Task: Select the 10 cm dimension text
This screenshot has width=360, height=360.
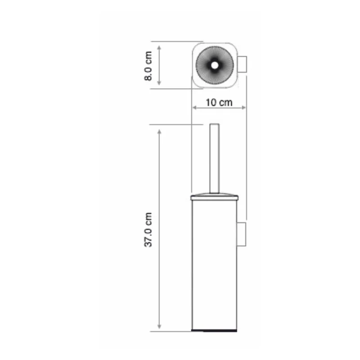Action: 219,102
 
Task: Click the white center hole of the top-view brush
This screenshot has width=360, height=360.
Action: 214,65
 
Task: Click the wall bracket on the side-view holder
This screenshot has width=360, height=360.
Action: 242,234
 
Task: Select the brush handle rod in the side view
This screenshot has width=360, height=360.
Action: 214,157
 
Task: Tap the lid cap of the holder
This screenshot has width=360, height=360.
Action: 214,197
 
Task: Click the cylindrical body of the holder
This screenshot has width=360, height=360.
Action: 214,265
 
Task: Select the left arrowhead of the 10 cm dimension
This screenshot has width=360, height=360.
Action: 195,108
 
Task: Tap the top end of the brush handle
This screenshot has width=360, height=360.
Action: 214,124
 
